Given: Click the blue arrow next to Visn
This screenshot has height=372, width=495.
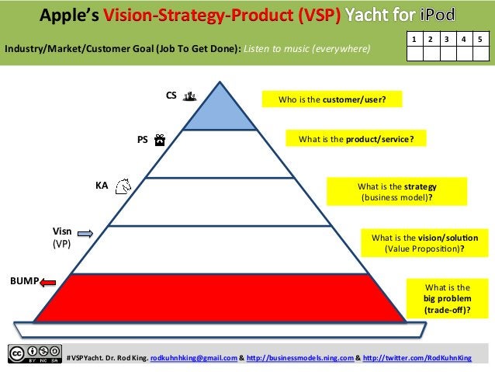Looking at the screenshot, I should point(85,233).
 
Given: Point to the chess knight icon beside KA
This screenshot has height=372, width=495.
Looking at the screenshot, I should point(122,186).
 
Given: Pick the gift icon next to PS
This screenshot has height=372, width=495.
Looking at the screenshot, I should point(159,141).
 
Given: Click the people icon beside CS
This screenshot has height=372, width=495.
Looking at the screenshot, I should point(190,96).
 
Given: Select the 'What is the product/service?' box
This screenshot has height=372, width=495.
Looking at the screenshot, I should point(356,139).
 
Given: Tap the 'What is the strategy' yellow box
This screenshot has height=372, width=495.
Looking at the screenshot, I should point(397,192).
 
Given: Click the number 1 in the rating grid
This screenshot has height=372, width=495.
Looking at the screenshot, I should point(414,39).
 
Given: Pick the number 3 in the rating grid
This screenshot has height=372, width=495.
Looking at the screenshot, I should point(448,39).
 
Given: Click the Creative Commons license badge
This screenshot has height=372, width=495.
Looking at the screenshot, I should point(34,353).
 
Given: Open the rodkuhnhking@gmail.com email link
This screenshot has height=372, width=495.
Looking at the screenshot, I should point(193,358).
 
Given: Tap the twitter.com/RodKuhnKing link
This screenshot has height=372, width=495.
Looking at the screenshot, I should point(417,358).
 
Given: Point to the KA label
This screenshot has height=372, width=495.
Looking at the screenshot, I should point(101,186).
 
